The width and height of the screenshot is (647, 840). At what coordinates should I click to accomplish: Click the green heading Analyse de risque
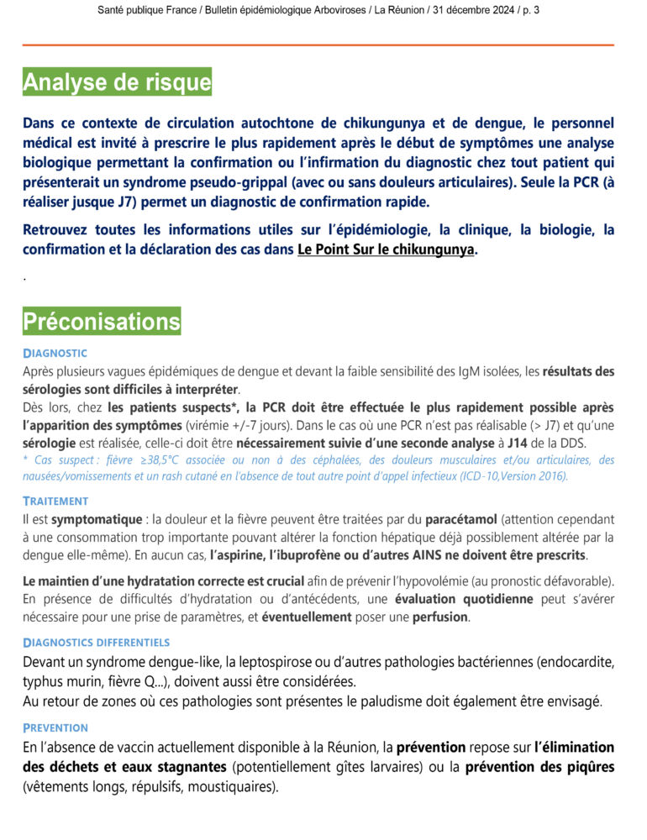click(x=117, y=82)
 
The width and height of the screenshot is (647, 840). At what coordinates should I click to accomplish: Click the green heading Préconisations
click(x=102, y=321)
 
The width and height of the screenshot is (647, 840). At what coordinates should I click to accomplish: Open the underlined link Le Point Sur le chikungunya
click(x=386, y=249)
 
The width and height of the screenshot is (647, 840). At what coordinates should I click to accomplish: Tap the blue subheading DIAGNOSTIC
click(x=55, y=353)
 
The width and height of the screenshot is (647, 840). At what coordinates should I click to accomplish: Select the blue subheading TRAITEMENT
click(x=55, y=501)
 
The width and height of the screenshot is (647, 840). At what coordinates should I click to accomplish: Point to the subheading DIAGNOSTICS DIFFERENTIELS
click(x=97, y=643)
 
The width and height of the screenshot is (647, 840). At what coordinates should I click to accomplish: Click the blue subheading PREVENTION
click(x=55, y=727)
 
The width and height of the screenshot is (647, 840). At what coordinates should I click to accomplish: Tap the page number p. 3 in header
click(x=530, y=10)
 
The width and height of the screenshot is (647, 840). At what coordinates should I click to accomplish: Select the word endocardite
click(x=577, y=662)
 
